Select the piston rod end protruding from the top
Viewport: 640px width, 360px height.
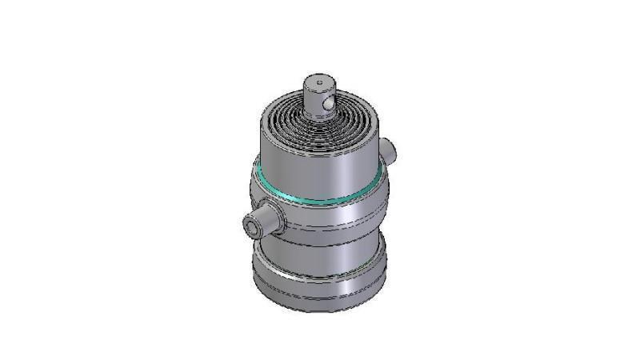(318, 93)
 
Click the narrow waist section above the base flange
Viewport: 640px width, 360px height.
(320, 256)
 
